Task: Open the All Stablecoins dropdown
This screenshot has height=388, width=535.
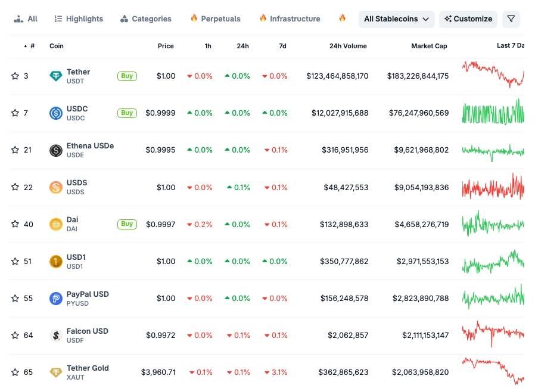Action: (x=396, y=19)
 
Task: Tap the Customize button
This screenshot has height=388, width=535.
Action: (x=468, y=19)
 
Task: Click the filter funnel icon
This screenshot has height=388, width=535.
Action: (x=511, y=19)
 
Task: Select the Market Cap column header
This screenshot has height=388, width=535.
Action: (x=429, y=46)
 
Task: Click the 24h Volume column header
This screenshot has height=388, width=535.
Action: (x=348, y=46)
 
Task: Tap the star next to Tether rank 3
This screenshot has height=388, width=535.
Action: (x=15, y=76)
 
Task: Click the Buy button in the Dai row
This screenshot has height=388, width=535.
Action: (x=127, y=224)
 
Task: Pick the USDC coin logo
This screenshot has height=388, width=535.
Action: (x=56, y=113)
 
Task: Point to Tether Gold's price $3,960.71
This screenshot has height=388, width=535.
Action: (x=158, y=373)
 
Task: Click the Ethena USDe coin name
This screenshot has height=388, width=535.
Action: (x=90, y=146)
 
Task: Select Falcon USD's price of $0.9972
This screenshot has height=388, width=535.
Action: (x=160, y=336)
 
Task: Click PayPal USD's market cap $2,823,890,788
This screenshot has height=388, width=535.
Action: (x=421, y=299)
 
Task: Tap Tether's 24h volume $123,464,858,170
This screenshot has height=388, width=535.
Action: (x=337, y=76)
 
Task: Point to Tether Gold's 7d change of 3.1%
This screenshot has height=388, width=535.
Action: (x=276, y=373)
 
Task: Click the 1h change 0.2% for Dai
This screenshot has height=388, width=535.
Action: (x=200, y=225)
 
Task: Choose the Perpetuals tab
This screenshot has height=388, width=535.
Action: (x=215, y=19)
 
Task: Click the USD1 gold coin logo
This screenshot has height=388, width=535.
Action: (x=56, y=262)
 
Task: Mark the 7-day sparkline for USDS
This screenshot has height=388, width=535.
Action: (x=493, y=187)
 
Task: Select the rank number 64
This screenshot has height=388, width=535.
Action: (x=28, y=336)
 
